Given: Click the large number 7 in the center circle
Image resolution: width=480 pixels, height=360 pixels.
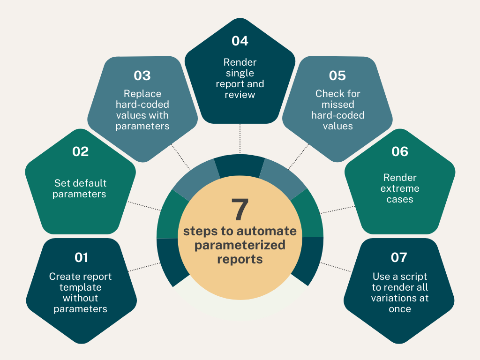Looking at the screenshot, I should coord(240,210).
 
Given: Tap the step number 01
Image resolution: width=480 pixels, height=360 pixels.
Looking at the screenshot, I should coord(81,257).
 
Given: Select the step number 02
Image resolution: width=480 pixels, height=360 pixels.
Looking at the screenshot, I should coord(80,151).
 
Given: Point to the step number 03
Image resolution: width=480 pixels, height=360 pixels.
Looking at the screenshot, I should coord(142,75).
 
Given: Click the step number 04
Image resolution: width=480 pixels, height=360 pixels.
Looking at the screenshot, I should coord(240,41).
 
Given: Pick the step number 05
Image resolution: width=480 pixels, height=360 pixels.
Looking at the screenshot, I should coord(337,75).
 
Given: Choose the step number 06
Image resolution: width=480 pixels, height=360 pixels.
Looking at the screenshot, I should coord(400,151).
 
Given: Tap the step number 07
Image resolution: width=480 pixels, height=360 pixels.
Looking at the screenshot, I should coord(399,257).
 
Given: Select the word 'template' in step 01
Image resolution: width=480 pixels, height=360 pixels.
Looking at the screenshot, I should coord(81,287).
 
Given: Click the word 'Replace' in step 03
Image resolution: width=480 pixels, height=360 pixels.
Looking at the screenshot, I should coord(142,93).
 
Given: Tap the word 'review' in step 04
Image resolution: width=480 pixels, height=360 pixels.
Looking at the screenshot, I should coord(240,95).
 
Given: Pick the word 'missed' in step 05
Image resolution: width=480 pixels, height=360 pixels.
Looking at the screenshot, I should coord(338,104).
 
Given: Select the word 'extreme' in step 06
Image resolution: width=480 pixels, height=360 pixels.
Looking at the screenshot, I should coord(400,188).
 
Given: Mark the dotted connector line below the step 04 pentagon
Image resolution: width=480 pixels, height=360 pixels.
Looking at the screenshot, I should coord(240,138).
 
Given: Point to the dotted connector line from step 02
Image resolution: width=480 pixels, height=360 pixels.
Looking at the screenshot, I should coord(145,206).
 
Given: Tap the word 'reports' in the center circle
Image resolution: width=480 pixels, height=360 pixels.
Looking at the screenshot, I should coord(240,259).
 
